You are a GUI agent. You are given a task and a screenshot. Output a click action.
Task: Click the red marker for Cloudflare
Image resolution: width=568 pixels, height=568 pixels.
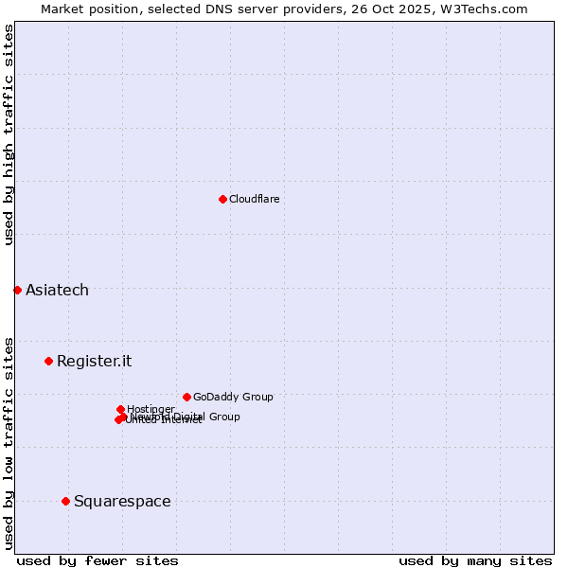pos(222,199)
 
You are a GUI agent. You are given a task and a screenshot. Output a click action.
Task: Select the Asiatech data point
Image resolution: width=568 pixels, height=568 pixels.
pos(17,290)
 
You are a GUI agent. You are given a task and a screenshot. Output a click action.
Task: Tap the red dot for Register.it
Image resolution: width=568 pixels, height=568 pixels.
pos(48,361)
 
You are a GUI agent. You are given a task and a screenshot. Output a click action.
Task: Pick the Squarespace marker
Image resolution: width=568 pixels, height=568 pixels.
pos(65,501)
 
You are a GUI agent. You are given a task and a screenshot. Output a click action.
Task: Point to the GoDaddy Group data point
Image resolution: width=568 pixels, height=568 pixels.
pos(186,397)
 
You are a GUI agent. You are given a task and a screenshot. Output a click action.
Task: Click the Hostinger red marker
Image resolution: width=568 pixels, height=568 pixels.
pos(120,409)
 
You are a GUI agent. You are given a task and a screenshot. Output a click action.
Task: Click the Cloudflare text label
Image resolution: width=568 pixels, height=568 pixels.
pos(254,199)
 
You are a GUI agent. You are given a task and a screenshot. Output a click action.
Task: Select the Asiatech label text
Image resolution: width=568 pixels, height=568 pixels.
pos(57,290)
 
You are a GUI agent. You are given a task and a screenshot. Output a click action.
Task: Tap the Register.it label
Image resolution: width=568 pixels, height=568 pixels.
pos(94,361)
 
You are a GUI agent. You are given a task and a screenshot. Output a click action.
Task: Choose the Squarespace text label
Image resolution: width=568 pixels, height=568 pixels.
pos(122,501)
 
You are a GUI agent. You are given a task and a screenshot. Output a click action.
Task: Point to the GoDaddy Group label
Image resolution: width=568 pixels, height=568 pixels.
pos(233,397)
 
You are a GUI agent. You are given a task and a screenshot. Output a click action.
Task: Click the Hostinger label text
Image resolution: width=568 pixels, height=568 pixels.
pos(151,409)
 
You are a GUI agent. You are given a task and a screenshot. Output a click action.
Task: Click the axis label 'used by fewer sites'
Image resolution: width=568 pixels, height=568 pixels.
pos(98,560)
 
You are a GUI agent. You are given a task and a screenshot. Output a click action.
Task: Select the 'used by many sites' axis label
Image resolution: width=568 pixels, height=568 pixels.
pos(475,560)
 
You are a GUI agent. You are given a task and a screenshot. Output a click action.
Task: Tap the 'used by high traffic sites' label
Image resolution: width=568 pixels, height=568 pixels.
pos(9,134)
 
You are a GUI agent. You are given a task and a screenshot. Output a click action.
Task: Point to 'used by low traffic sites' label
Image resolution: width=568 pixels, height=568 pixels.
pos(9,443)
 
